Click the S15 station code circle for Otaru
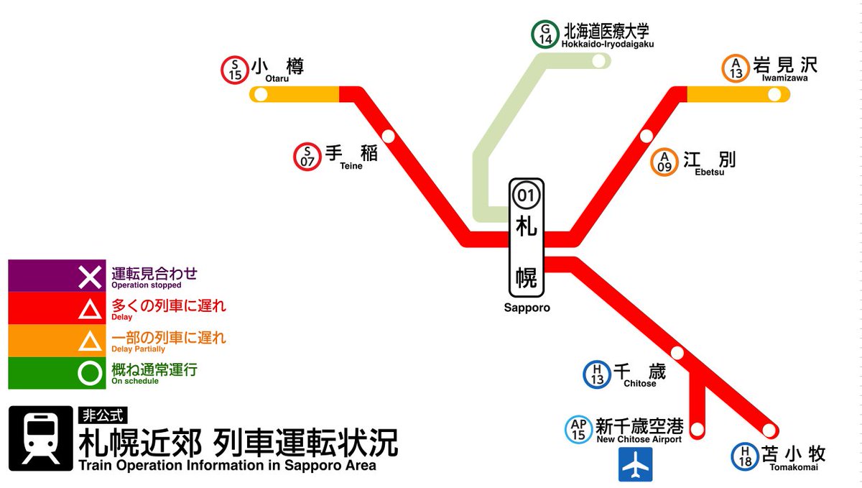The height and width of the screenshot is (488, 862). [x=234, y=70]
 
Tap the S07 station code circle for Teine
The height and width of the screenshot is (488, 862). [x=307, y=157]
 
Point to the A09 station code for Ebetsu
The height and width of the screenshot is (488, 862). [x=665, y=162]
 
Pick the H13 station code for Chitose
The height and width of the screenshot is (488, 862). [x=597, y=374]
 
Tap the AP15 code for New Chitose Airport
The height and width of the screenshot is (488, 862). [x=579, y=430]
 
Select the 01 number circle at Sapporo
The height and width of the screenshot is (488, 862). [x=527, y=195]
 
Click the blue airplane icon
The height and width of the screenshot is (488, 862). [x=636, y=464]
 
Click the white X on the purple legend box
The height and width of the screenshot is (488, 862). [x=91, y=276]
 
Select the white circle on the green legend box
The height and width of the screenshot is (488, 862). [x=91, y=373]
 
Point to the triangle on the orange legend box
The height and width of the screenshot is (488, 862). [x=91, y=341]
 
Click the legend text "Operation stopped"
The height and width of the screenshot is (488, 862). [x=147, y=285]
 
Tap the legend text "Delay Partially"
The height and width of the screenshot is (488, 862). [x=138, y=349]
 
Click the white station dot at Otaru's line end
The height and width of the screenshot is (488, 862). [x=261, y=94]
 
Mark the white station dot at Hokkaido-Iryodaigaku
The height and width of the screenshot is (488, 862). [x=598, y=61]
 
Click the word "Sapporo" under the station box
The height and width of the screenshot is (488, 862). [x=527, y=308]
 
